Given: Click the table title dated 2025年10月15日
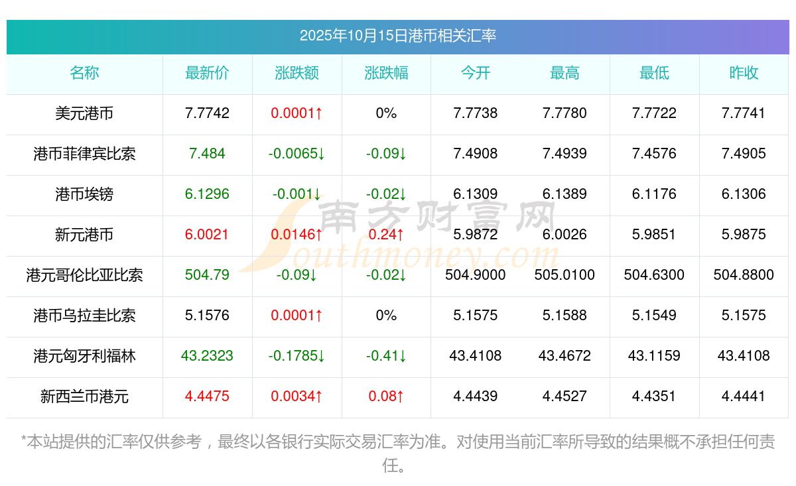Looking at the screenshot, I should [397, 36].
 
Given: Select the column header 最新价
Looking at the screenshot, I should [207, 74].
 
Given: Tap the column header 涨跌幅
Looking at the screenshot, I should [386, 74].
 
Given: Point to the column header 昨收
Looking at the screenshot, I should [744, 74].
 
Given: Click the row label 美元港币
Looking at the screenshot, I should [84, 113].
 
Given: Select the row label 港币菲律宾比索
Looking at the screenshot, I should [84, 154].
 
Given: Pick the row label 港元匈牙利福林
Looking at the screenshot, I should [84, 356].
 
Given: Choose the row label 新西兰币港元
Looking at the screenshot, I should [84, 396].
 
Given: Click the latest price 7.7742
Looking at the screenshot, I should [207, 113].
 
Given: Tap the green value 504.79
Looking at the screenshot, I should [207, 275].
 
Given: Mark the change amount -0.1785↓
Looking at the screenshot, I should [297, 356].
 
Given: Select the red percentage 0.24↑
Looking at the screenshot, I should [386, 235].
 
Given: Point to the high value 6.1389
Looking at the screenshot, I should [564, 194].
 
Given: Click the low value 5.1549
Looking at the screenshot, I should [654, 316].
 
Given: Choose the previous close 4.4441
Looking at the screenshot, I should [744, 396].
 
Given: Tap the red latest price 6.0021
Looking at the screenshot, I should [207, 235].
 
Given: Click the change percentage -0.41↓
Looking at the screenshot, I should [386, 356].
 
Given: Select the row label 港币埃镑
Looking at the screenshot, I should [84, 194].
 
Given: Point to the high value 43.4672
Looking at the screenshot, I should [564, 356].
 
